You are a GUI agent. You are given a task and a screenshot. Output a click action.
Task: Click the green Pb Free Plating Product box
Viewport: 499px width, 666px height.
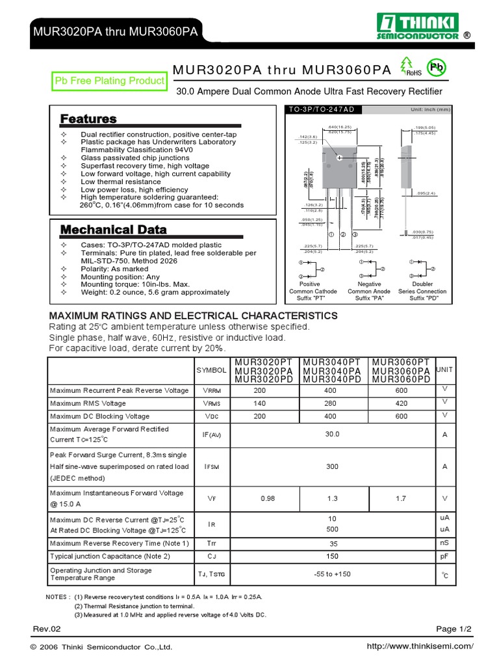click(109, 81)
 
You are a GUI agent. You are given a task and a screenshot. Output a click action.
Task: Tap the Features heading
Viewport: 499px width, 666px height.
click(88, 119)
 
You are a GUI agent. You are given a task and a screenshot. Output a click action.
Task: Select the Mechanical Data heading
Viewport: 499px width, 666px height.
click(113, 230)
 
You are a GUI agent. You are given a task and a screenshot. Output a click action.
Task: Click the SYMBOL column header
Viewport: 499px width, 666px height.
click(212, 370)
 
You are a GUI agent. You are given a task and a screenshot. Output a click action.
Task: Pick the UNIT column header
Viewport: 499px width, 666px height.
click(445, 369)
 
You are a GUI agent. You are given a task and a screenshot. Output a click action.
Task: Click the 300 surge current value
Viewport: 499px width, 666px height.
click(332, 466)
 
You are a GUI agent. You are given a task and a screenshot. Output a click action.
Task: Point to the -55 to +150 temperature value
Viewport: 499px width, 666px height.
click(332, 574)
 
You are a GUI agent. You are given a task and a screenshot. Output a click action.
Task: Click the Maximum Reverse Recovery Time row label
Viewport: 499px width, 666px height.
click(120, 543)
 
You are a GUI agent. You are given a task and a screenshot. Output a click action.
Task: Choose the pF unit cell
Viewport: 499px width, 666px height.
click(445, 557)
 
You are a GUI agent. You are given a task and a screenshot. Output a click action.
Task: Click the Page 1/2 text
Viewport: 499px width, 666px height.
click(454, 629)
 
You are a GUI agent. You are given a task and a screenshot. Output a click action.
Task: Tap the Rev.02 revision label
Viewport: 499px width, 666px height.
click(47, 629)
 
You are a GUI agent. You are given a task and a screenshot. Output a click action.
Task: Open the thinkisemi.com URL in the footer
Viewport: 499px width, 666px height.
click(420, 646)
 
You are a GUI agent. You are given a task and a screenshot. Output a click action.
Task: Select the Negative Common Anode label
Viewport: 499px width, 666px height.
click(369, 288)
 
